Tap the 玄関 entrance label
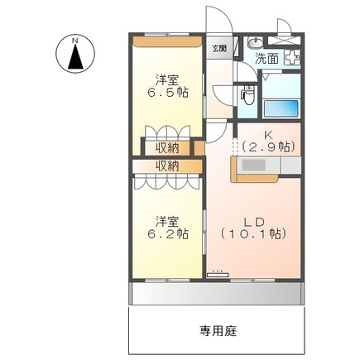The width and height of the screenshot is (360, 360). click(218, 50)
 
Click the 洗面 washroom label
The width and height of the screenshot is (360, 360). click(266, 59)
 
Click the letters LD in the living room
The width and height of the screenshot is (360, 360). click(256, 220)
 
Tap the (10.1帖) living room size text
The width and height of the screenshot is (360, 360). click(255, 234)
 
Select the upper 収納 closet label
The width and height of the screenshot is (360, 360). click(167, 148)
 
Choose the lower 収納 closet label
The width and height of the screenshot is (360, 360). click(167, 166)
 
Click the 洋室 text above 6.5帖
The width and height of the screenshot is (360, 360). click(169, 80)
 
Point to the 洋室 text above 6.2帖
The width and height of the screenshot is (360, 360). click(169, 221)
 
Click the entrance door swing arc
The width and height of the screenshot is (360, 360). click(217, 21)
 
